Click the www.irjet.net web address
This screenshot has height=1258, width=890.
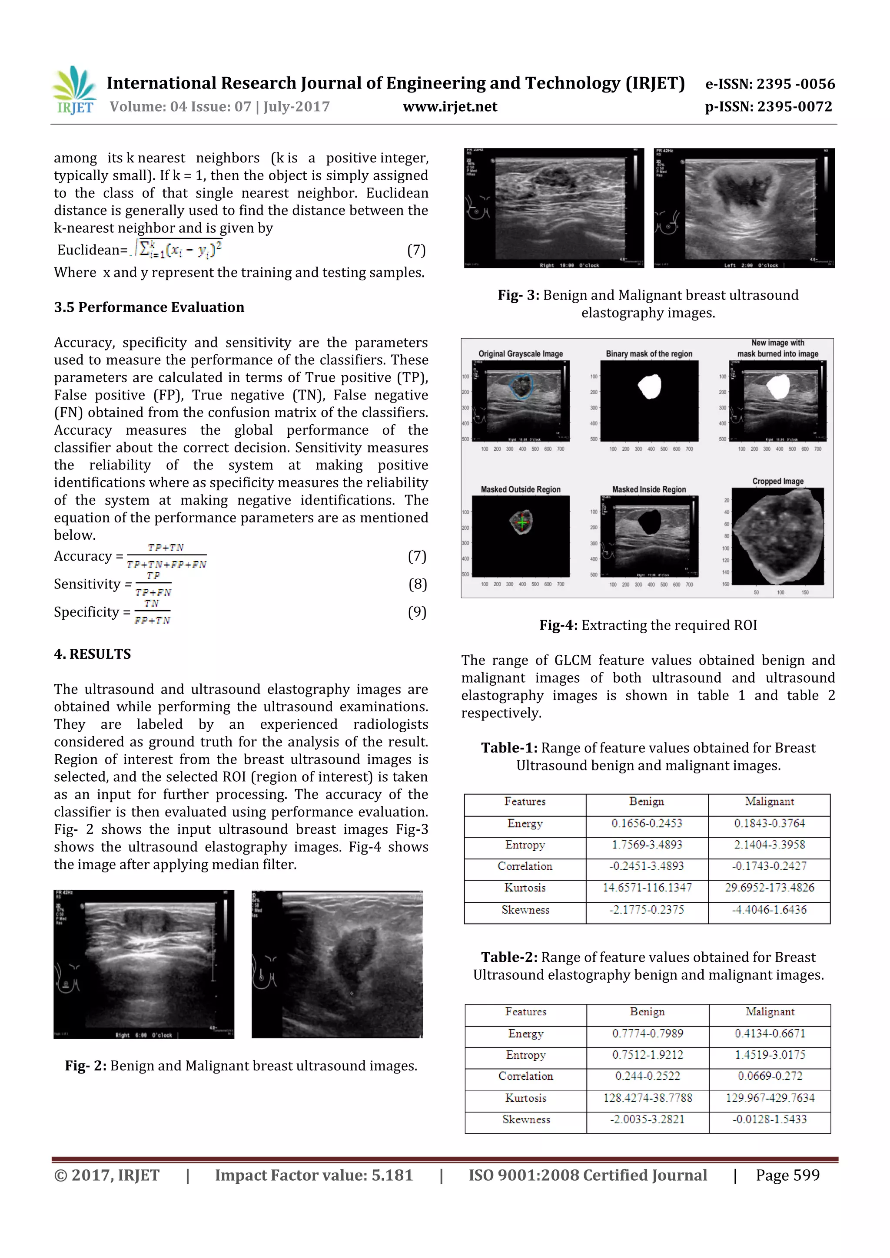pyautogui.click(x=450, y=107)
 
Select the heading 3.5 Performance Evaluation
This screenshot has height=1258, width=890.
pyautogui.click(x=149, y=307)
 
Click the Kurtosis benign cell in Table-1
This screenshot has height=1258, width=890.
pyautogui.click(x=647, y=888)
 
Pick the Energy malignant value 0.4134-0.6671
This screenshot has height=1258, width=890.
pyautogui.click(x=770, y=1033)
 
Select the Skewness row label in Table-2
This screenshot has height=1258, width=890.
pyautogui.click(x=526, y=1119)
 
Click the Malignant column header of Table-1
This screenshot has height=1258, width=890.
pyautogui.click(x=769, y=802)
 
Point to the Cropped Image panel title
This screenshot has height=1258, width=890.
pyautogui.click(x=777, y=481)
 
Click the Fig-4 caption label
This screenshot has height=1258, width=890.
pyautogui.click(x=558, y=625)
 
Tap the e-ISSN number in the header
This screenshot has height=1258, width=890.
pyautogui.click(x=770, y=84)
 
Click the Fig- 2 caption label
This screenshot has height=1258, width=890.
pyautogui.click(x=86, y=1066)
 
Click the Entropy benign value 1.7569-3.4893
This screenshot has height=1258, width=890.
pyautogui.click(x=647, y=845)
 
